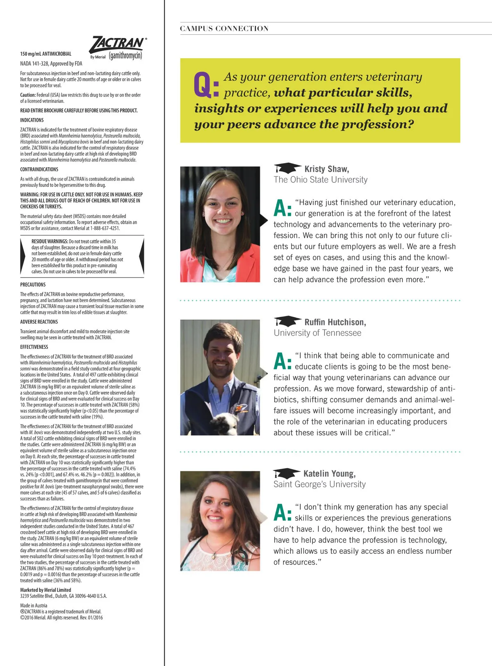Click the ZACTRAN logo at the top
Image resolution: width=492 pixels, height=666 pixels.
118,43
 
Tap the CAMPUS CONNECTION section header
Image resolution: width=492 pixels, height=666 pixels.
224,29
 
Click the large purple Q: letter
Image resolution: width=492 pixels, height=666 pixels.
206,85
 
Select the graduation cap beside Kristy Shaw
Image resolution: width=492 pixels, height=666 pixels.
287,168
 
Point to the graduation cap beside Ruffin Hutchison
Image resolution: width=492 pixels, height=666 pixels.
287,321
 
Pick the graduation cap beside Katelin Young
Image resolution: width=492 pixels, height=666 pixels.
286,473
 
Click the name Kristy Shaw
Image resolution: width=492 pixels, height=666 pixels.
326,169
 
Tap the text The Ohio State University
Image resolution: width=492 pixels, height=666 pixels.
321,180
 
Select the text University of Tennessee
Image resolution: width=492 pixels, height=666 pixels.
317,333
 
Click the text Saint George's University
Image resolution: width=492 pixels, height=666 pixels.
319,484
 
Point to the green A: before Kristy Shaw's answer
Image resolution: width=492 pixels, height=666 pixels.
282,208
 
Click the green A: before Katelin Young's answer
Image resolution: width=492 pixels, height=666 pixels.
282,513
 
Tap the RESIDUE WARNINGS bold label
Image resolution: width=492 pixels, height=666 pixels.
50,241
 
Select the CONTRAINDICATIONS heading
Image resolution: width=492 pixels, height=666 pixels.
39,169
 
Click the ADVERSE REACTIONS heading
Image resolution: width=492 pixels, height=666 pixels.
39,322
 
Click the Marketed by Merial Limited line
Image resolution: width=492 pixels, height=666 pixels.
46,590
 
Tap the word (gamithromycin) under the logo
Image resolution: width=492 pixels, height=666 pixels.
125,56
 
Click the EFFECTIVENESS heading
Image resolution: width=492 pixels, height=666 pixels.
34,347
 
